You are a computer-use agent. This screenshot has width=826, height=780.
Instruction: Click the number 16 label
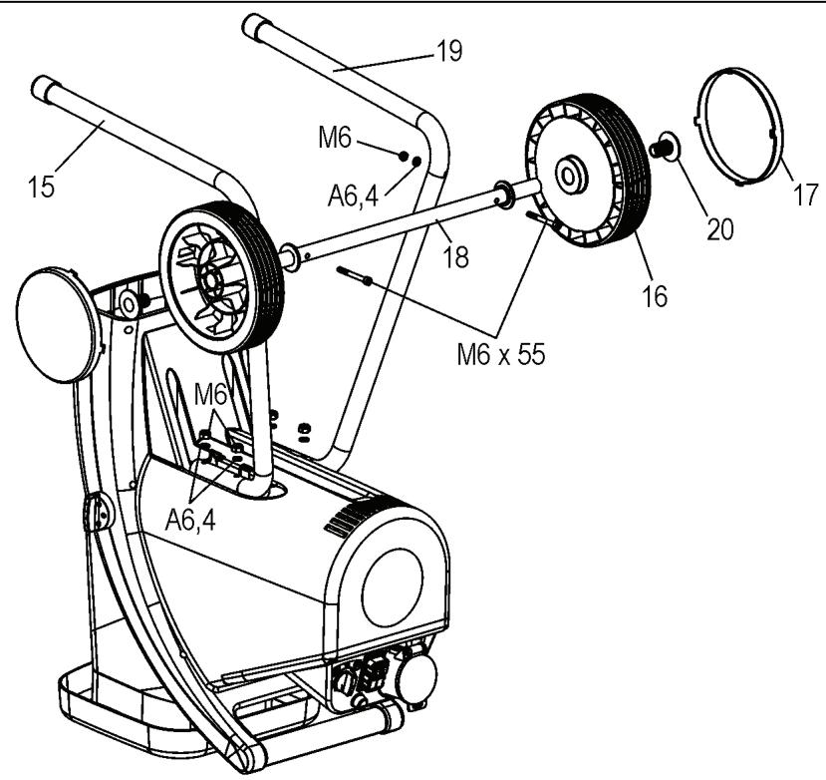(x=654, y=296)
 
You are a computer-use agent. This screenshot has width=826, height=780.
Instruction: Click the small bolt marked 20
(x=662, y=150)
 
